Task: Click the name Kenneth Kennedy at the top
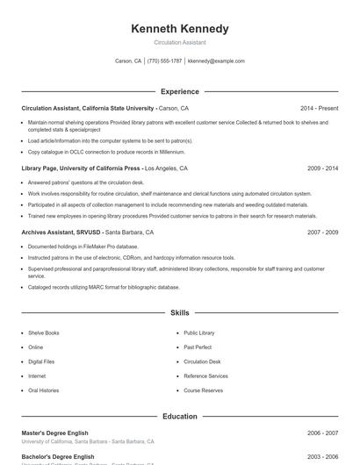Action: (179, 29)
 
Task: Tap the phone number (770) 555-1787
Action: (164, 61)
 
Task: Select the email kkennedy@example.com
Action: (216, 61)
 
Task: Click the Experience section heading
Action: (179, 91)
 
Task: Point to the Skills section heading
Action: (179, 312)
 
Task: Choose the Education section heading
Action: (179, 416)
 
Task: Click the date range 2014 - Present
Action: (319, 108)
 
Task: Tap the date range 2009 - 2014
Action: (322, 168)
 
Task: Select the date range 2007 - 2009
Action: (322, 232)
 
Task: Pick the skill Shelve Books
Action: (44, 333)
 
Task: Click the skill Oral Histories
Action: (45, 390)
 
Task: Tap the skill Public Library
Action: (199, 333)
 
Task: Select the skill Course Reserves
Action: (203, 390)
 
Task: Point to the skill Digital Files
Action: (41, 361)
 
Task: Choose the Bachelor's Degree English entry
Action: (58, 457)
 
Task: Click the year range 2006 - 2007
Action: (322, 433)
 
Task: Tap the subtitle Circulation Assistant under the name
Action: (179, 42)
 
